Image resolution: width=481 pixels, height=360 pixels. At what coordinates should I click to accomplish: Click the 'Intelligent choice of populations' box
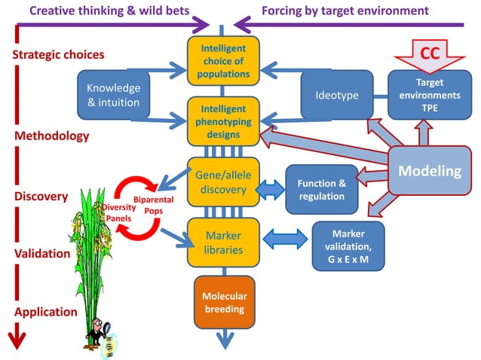(x=223, y=60)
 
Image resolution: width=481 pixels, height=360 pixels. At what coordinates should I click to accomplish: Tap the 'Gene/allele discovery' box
(x=223, y=181)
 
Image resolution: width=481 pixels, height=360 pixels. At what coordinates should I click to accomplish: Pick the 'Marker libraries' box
(x=223, y=242)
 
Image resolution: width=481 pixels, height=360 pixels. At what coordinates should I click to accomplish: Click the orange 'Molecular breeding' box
(x=225, y=301)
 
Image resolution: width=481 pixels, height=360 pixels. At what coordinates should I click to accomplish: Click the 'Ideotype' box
(x=337, y=95)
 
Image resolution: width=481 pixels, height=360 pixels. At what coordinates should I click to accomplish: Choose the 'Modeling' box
(x=429, y=171)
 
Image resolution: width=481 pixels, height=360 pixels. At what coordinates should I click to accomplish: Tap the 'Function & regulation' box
(x=322, y=190)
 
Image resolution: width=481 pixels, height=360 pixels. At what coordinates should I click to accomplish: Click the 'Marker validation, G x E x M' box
(x=348, y=246)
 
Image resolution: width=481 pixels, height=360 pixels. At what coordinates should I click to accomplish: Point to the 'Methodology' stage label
(x=51, y=136)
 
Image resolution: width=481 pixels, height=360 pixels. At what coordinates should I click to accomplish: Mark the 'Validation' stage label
(x=42, y=254)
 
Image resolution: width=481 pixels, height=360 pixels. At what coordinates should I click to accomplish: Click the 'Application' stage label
(x=45, y=312)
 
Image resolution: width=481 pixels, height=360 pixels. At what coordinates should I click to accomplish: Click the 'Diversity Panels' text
(x=118, y=213)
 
